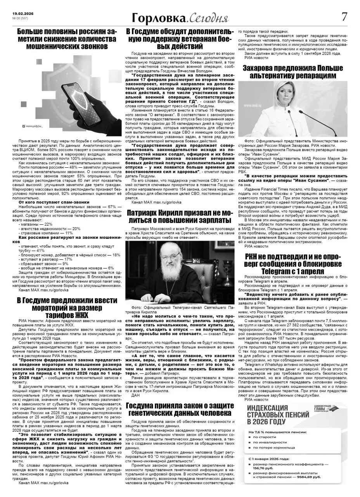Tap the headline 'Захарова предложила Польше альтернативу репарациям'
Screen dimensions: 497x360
(293, 72)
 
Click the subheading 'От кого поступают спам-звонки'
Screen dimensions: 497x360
(54, 202)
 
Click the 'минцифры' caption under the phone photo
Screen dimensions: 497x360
(34, 126)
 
